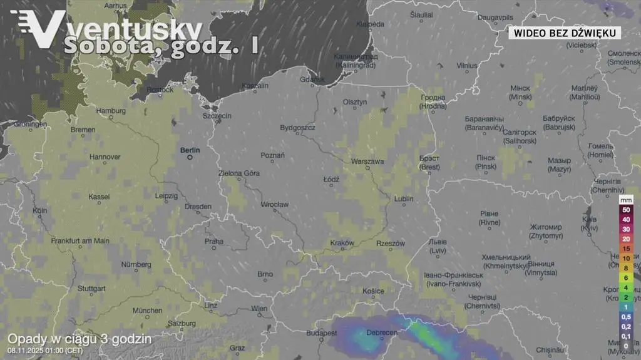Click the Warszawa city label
[x=367, y=162]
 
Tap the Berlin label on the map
[x=190, y=150]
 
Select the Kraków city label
[x=342, y=243]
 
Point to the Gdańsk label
[x=313, y=80]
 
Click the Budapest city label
[x=322, y=333]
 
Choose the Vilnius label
[x=466, y=65]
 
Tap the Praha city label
[x=214, y=241]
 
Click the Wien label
[x=259, y=308]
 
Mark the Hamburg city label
[x=111, y=111]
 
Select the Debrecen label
[x=381, y=333]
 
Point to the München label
[x=147, y=311]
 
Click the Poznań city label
[x=272, y=155]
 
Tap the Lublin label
[x=404, y=199]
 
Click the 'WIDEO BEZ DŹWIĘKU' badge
[x=564, y=33]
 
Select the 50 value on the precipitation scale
[x=625, y=210]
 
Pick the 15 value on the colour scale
[x=625, y=249]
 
